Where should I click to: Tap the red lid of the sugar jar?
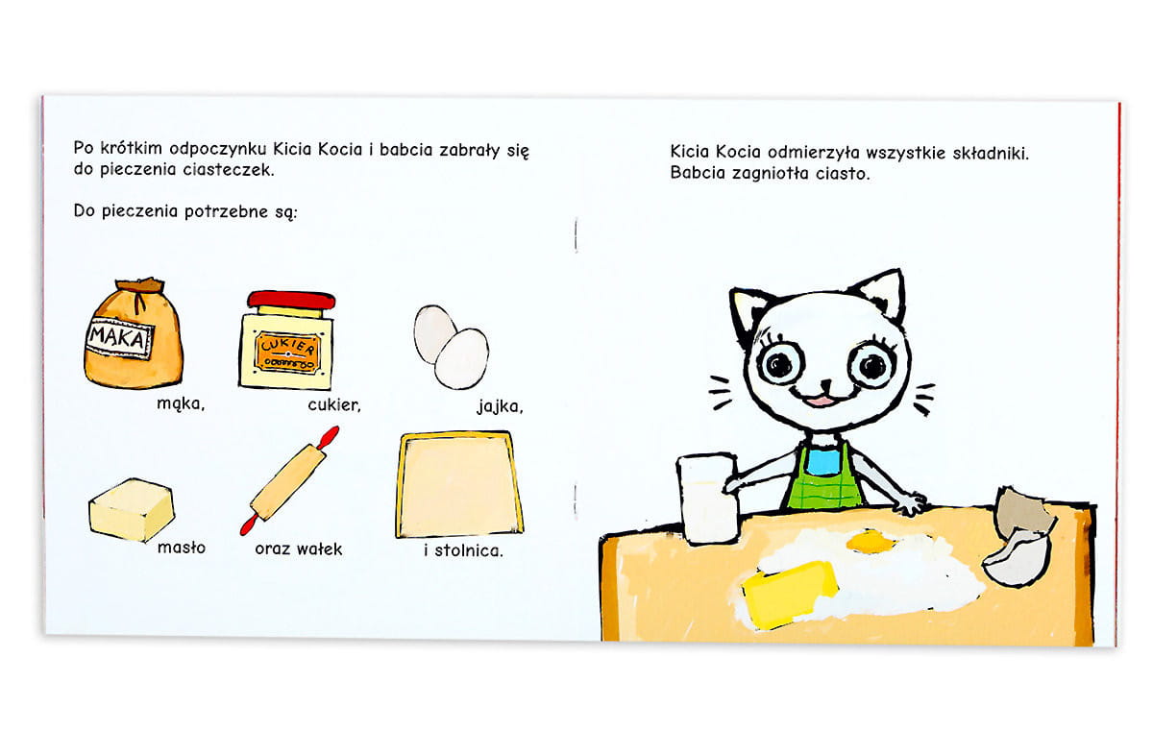click(291, 300)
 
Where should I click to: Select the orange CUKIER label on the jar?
click(287, 352)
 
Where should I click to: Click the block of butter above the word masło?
click(132, 510)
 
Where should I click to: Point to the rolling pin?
click(289, 480)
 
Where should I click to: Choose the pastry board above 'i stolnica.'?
click(459, 484)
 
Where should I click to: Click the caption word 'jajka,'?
click(500, 407)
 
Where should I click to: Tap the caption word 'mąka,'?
click(181, 403)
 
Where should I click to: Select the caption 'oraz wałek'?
click(299, 548)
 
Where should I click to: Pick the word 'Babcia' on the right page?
click(698, 172)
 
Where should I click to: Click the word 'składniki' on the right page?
click(991, 154)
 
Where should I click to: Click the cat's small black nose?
click(825, 383)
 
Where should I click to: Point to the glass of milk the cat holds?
click(708, 499)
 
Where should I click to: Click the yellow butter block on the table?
click(788, 593)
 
